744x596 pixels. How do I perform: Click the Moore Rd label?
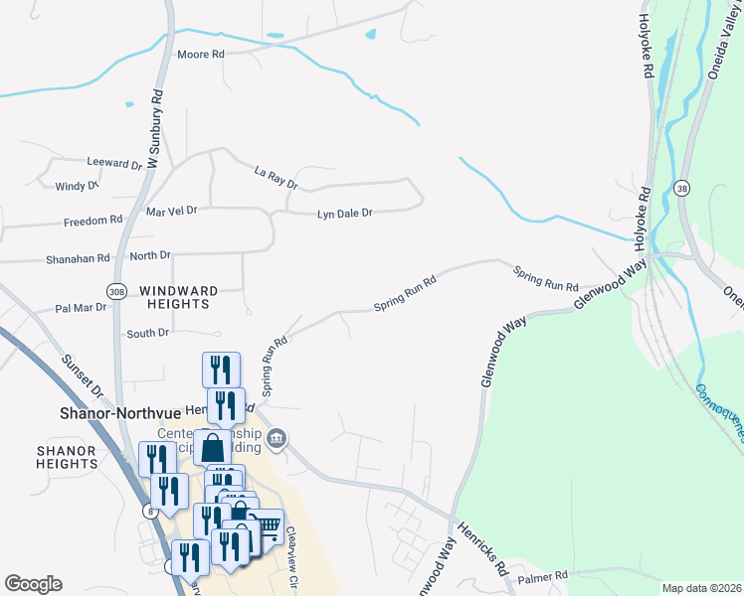200,54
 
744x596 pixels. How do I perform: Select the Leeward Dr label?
115,163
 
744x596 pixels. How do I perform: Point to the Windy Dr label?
77,186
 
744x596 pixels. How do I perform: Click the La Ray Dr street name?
276,178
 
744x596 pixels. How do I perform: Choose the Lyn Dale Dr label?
344,214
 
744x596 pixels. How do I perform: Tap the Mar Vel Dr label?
172,212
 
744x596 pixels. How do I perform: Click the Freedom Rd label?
93,221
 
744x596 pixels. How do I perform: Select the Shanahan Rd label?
78,258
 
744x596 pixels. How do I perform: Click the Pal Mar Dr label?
81,308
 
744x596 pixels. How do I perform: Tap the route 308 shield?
118,291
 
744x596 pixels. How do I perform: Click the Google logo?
33,584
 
